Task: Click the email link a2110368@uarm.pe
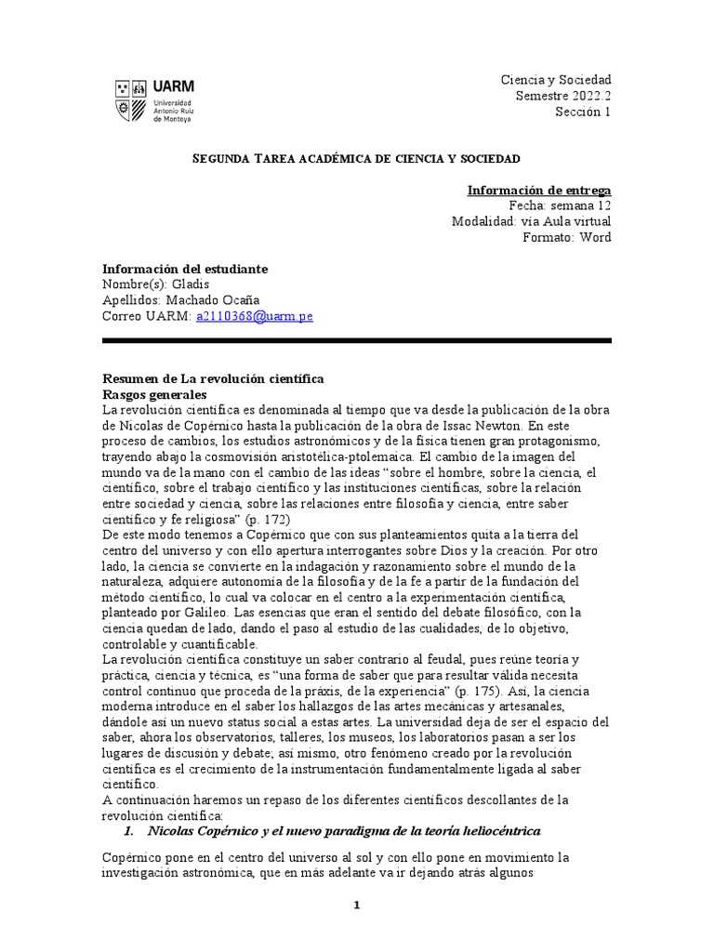254,316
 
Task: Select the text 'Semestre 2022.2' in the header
564,97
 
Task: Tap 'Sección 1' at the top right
583,112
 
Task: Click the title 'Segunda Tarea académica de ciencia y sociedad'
356,159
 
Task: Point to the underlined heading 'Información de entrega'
538,190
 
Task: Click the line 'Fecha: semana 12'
560,205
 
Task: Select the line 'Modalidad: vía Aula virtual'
531,221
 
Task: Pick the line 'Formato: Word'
567,237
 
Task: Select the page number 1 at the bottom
356,906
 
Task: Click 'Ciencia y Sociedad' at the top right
556,81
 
